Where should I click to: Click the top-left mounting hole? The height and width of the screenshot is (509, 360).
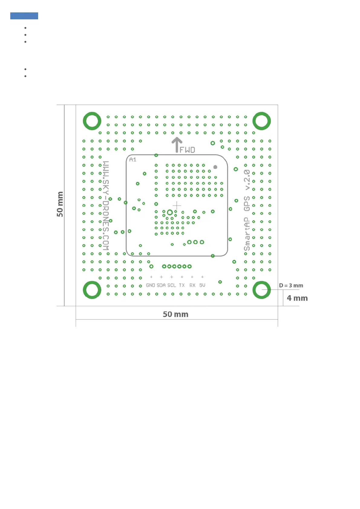[x=92, y=121]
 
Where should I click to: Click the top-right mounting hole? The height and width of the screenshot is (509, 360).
[x=261, y=121]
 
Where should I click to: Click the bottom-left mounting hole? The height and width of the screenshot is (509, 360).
[x=92, y=290]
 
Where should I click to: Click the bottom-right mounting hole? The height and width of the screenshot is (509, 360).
[x=261, y=290]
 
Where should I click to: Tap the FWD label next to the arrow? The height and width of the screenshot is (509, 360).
[x=187, y=150]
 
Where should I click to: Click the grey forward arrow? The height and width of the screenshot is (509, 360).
[x=177, y=145]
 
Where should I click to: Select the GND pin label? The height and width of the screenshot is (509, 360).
[x=150, y=285]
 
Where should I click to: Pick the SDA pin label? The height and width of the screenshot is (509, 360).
[x=161, y=285]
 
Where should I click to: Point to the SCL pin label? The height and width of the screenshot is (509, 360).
[x=172, y=285]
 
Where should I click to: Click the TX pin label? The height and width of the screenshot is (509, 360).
[x=182, y=285]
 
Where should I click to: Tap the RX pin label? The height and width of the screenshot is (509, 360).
[x=192, y=285]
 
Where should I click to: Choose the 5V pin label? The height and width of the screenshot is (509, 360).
[x=202, y=285]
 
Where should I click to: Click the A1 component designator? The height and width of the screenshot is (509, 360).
[x=133, y=160]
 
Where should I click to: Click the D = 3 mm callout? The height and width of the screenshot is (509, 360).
[x=291, y=286]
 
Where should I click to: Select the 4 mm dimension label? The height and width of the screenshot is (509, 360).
[x=297, y=298]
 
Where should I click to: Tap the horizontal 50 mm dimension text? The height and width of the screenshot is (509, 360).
[x=175, y=314]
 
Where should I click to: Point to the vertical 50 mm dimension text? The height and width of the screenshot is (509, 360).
[x=60, y=204]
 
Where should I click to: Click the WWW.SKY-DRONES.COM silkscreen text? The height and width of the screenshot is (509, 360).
[x=106, y=206]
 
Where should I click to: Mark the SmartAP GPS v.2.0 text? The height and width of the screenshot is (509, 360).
[x=247, y=210]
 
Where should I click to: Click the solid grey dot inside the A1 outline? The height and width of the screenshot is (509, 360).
[x=215, y=167]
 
